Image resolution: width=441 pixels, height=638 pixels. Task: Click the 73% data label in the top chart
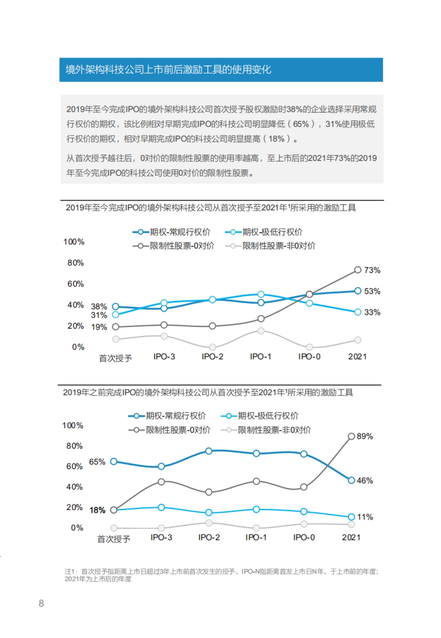[372, 270]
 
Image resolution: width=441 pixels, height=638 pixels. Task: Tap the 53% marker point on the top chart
[358, 291]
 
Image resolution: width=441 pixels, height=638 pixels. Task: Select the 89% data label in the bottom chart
[365, 436]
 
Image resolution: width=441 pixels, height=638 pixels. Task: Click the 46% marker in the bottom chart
[351, 480]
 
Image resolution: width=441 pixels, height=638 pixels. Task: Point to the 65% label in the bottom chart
[97, 461]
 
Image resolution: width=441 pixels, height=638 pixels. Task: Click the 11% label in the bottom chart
[365, 517]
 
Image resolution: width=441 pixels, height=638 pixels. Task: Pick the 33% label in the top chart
[372, 312]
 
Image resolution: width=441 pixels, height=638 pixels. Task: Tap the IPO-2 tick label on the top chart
[212, 356]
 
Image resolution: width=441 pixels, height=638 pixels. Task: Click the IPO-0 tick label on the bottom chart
[304, 537]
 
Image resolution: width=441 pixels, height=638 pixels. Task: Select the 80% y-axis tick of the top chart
[75, 263]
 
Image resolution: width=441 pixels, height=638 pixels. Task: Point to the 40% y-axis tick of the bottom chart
[74, 487]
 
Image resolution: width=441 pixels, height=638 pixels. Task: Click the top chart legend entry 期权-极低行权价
[272, 232]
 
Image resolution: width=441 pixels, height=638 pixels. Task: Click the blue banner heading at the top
[221, 69]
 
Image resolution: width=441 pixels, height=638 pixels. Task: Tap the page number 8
[41, 603]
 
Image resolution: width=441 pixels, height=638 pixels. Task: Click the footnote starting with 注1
[221, 575]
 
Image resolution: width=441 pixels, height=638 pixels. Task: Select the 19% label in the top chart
[99, 327]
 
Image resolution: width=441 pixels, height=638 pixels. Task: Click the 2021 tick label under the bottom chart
[351, 537]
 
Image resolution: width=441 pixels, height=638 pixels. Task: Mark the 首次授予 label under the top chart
[115, 358]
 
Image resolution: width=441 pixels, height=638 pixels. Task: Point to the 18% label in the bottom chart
[97, 510]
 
